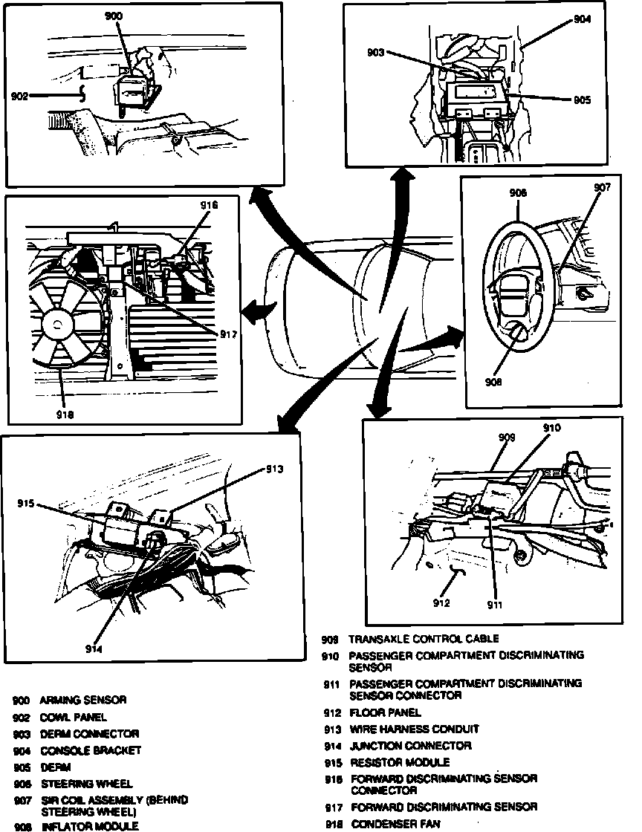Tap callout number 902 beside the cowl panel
tap(20, 96)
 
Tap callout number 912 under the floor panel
tap(441, 603)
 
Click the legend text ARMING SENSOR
tap(83, 700)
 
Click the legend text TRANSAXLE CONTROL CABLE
tap(424, 639)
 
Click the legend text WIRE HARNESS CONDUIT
tap(414, 729)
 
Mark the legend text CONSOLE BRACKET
tap(90, 750)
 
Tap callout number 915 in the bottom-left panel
tap(27, 504)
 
